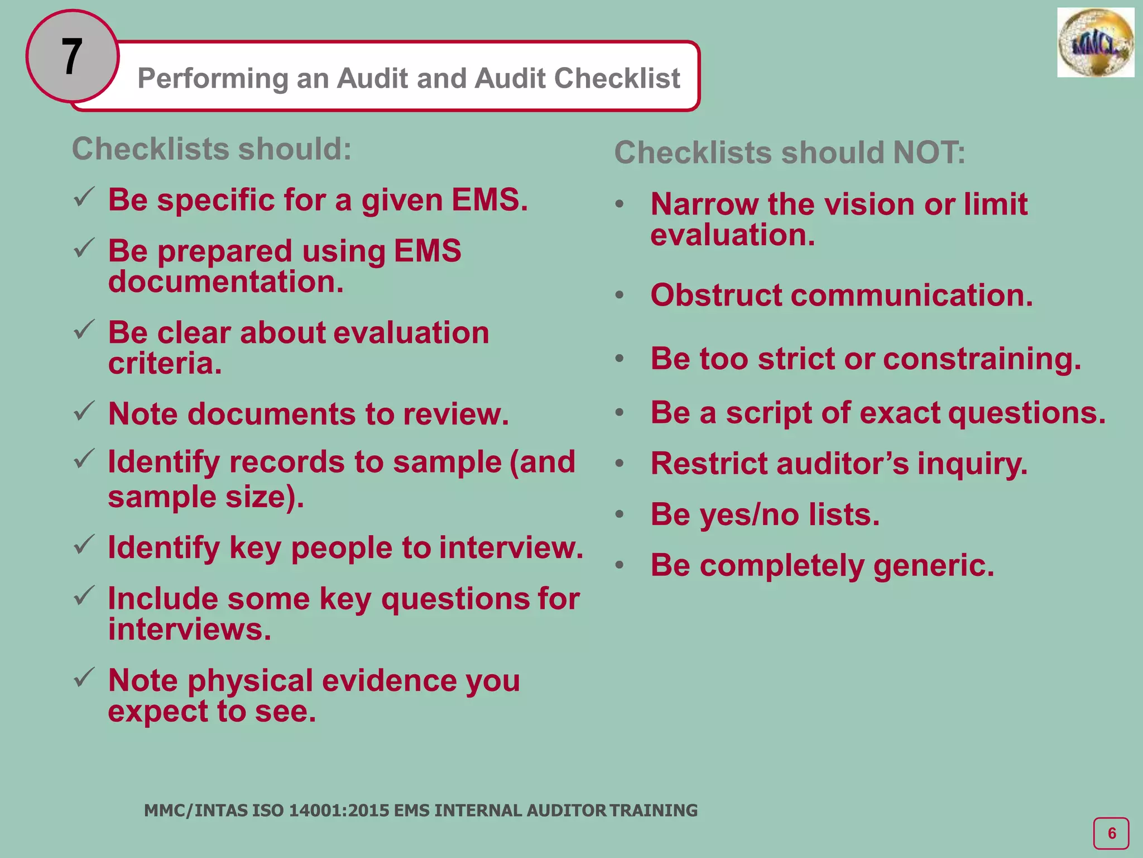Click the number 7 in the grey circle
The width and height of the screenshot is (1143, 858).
[x=72, y=56]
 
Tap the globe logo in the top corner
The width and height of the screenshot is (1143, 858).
[x=1095, y=43]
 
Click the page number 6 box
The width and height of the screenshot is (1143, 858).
[x=1111, y=833]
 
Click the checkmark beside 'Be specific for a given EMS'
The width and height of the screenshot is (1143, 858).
[x=84, y=198]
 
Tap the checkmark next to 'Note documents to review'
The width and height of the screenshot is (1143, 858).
[x=84, y=412]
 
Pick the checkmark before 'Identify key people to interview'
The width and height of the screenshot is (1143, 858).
[x=84, y=545]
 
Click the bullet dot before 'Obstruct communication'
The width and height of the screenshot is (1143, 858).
[x=619, y=295]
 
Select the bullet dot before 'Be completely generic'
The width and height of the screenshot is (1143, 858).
[x=619, y=565]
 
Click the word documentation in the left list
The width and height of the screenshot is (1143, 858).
[x=225, y=282]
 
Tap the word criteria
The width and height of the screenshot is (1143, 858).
[x=165, y=364]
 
